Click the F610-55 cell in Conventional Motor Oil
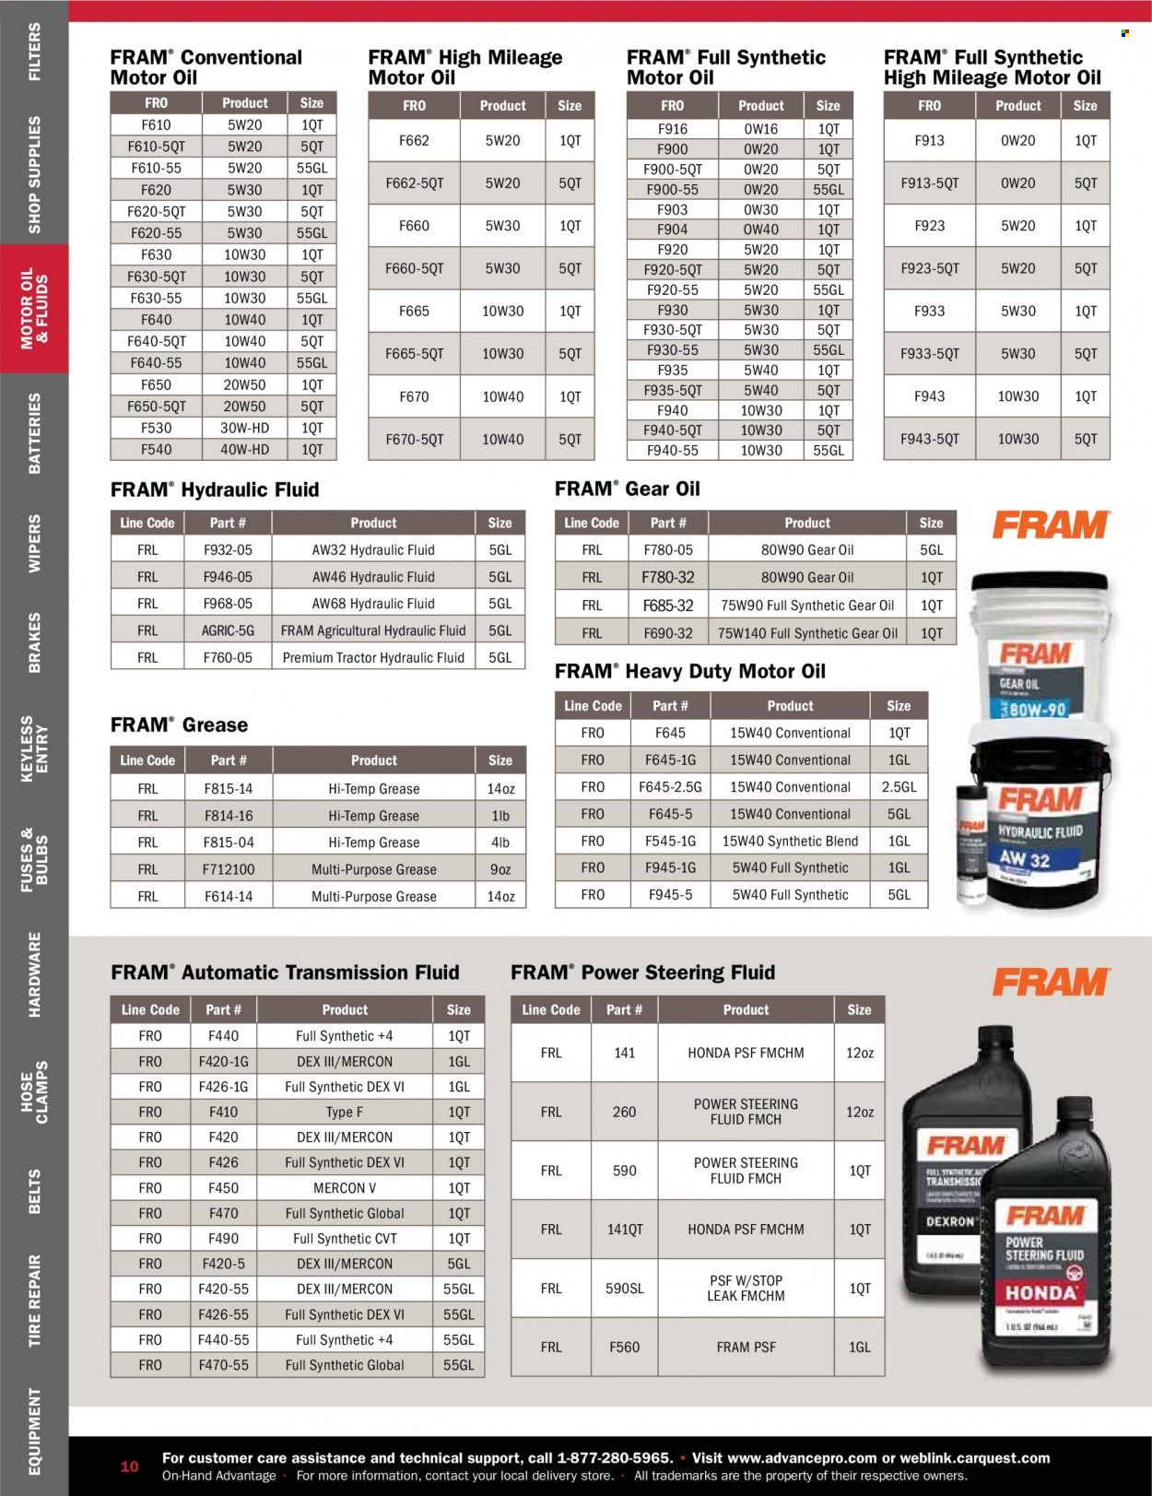pyautogui.click(x=157, y=169)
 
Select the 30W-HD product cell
pyautogui.click(x=245, y=429)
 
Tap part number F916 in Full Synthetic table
pyautogui.click(x=672, y=130)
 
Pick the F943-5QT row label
pyautogui.click(x=929, y=440)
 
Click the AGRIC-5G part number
pyautogui.click(x=228, y=631)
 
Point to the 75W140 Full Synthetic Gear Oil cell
pyautogui.click(x=807, y=633)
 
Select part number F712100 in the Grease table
pyautogui.click(x=228, y=869)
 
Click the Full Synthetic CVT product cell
pyautogui.click(x=345, y=1239)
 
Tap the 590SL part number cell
pyautogui.click(x=624, y=1289)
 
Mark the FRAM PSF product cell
pyautogui.click(x=746, y=1348)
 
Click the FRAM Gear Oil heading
pyautogui.click(x=628, y=489)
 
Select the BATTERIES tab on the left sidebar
pyautogui.click(x=34, y=433)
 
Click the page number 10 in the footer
pyautogui.click(x=129, y=1467)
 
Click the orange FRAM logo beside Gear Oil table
pyautogui.click(x=1050, y=526)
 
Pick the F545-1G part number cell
pyautogui.click(x=670, y=841)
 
